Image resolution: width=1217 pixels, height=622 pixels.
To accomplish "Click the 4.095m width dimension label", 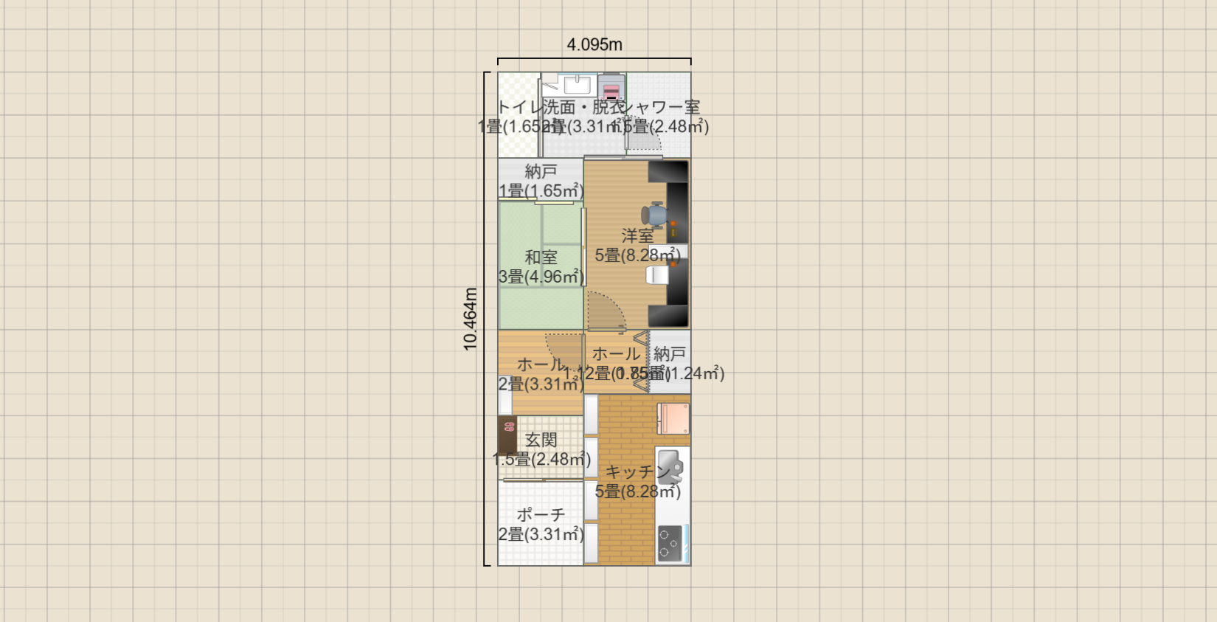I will (594, 45).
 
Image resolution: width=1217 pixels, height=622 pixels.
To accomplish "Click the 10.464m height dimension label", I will (471, 319).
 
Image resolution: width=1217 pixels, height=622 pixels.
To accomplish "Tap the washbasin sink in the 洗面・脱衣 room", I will (577, 85).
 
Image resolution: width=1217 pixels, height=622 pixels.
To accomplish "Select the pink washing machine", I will (611, 88).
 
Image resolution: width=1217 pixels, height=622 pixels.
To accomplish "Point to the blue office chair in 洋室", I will (656, 215).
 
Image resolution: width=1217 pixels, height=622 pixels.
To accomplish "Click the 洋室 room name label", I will (637, 236).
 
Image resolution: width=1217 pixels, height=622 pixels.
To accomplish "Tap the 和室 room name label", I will (541, 258).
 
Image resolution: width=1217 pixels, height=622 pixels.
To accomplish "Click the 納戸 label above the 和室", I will (541, 171).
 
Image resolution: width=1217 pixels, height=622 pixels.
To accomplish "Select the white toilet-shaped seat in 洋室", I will (657, 275).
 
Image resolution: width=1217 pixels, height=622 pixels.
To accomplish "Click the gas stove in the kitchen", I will (670, 543).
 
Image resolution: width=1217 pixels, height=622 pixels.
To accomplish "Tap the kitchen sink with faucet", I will (670, 468).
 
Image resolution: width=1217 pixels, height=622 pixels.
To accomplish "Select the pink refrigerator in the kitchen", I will (673, 418).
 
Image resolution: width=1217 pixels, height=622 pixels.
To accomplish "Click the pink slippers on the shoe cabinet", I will (507, 426).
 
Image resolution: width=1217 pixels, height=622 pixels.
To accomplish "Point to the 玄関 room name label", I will (541, 440).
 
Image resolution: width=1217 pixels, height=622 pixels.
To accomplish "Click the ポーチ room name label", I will (541, 514).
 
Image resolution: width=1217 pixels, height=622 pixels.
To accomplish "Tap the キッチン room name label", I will (637, 471).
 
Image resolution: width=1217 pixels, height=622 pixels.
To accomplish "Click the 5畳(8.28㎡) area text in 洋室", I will (637, 255).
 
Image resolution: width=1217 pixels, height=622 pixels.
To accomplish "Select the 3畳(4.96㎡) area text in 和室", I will (541, 277).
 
